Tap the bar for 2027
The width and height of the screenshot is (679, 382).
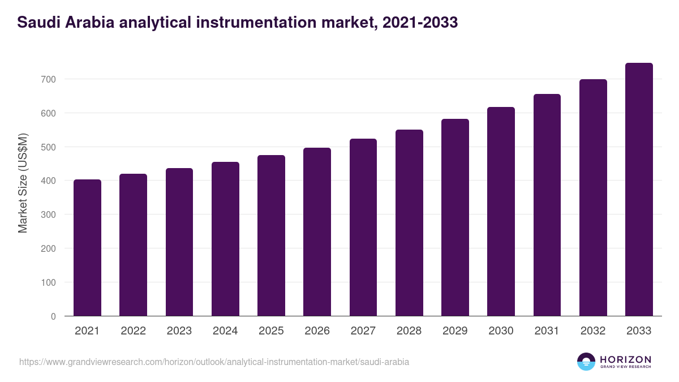click(363, 228)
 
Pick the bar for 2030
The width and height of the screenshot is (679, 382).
click(501, 212)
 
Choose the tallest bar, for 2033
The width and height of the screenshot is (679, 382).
click(639, 190)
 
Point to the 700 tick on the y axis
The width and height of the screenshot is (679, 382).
click(48, 79)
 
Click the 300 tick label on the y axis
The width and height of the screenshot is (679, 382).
click(48, 214)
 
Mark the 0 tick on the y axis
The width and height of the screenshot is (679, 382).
click(53, 316)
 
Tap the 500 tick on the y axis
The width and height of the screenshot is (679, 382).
click(48, 147)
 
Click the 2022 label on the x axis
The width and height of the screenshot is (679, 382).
click(133, 331)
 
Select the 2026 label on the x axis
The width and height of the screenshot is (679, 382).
click(317, 331)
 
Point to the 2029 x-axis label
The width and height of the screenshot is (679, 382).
click(455, 331)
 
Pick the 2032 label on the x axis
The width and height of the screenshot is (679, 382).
click(593, 331)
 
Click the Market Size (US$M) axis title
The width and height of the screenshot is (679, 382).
click(23, 183)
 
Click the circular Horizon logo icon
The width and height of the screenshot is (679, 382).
click(586, 362)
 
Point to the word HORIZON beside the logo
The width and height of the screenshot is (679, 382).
click(625, 359)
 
